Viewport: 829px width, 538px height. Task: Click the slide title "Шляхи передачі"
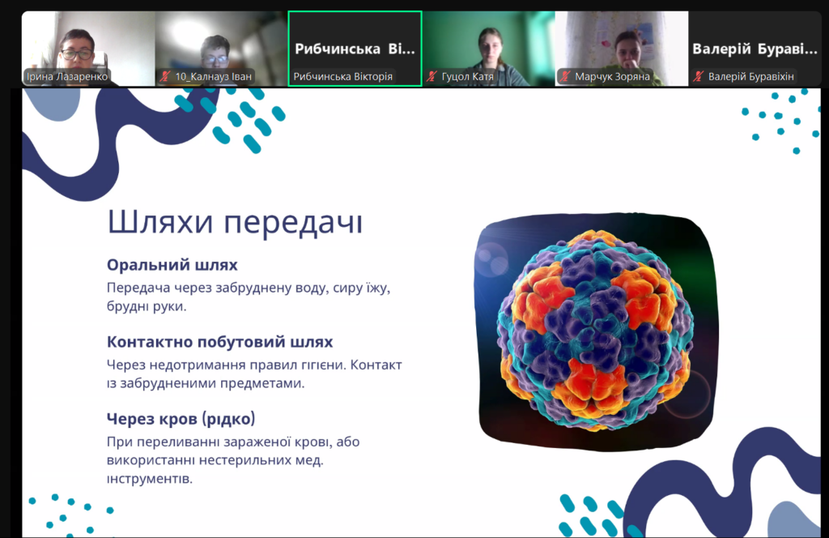coord(235,222)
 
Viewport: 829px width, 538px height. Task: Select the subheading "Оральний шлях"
coord(172,264)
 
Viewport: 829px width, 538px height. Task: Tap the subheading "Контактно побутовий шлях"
coord(220,342)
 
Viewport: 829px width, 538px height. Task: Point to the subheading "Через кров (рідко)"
coord(181,418)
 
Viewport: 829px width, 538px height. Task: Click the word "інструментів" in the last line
coord(150,480)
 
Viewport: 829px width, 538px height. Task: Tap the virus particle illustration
coord(594,331)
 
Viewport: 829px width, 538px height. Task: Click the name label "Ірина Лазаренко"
coord(67,77)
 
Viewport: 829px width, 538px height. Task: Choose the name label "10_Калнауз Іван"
coord(213,77)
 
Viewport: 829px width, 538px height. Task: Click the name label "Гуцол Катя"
coord(467,77)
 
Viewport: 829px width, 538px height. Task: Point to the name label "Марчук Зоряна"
coord(612,77)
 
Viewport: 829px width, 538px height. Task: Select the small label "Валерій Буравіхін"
coord(750,77)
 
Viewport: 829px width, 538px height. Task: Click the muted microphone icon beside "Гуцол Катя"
coord(432,77)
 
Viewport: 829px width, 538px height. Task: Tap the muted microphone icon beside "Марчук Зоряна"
coord(565,77)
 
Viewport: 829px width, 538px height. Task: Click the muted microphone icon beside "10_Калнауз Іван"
coord(165,77)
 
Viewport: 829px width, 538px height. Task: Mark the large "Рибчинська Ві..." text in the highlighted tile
coord(355,49)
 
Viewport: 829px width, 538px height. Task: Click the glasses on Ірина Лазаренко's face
coord(78,54)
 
